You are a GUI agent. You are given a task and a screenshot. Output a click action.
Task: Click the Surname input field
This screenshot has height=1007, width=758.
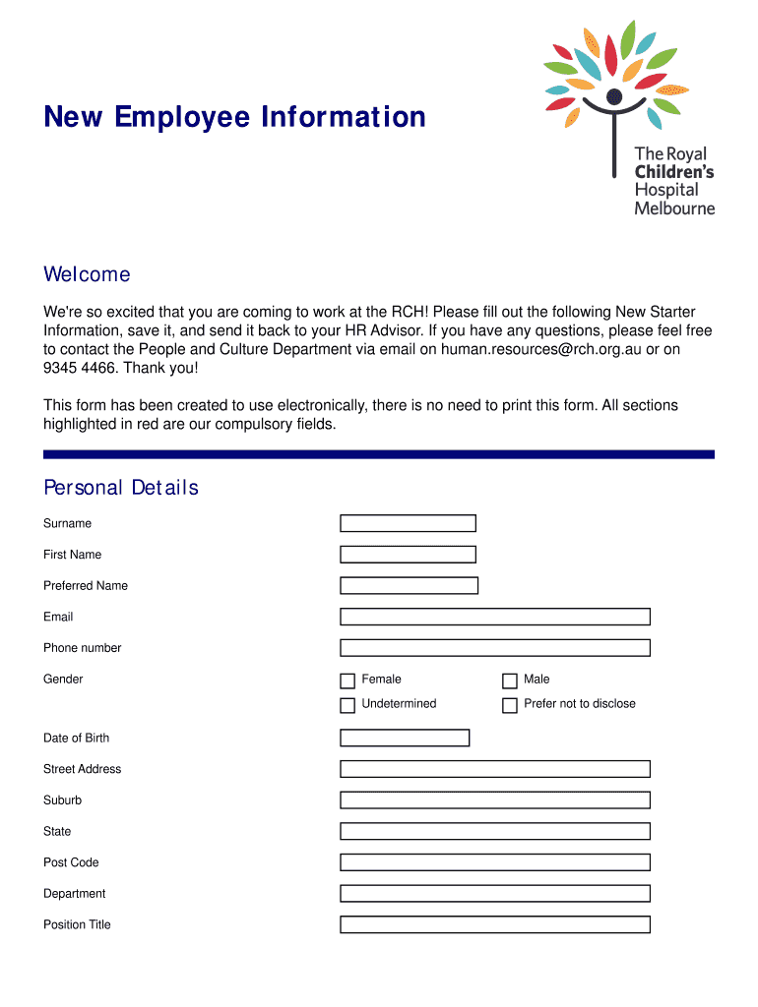tap(408, 523)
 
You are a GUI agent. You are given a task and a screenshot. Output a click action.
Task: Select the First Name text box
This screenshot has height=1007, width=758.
tap(408, 555)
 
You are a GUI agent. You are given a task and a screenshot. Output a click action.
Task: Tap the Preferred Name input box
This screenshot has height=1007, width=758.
tap(409, 586)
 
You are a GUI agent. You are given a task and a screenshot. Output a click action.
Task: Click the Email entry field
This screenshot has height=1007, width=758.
tap(495, 617)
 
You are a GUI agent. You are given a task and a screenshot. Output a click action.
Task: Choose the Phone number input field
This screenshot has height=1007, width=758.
tap(495, 648)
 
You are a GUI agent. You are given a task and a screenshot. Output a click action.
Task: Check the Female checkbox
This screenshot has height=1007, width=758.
tap(347, 681)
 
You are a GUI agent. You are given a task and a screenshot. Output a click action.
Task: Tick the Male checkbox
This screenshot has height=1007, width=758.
tap(510, 681)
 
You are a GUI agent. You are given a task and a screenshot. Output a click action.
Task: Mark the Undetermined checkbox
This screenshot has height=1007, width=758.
tap(347, 705)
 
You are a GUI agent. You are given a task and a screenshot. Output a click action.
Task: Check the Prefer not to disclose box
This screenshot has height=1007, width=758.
tap(510, 705)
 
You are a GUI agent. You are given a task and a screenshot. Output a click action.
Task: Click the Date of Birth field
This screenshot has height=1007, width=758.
tap(405, 738)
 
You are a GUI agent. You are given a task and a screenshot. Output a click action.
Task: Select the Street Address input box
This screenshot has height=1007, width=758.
tap(495, 769)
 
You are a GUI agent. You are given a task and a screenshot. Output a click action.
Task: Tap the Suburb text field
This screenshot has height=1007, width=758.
tap(495, 800)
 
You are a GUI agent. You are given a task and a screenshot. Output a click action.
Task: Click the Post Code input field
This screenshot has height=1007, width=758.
tap(495, 862)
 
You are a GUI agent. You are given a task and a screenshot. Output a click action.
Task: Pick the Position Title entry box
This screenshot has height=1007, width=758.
tap(495, 924)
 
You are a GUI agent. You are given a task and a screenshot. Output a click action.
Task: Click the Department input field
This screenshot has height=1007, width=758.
tap(495, 894)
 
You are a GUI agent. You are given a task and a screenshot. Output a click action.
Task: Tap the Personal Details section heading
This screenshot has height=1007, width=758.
tap(121, 488)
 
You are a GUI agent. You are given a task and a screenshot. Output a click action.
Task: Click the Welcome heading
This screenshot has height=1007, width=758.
tap(87, 274)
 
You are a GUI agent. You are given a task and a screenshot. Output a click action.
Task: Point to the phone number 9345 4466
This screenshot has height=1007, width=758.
tap(79, 368)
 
